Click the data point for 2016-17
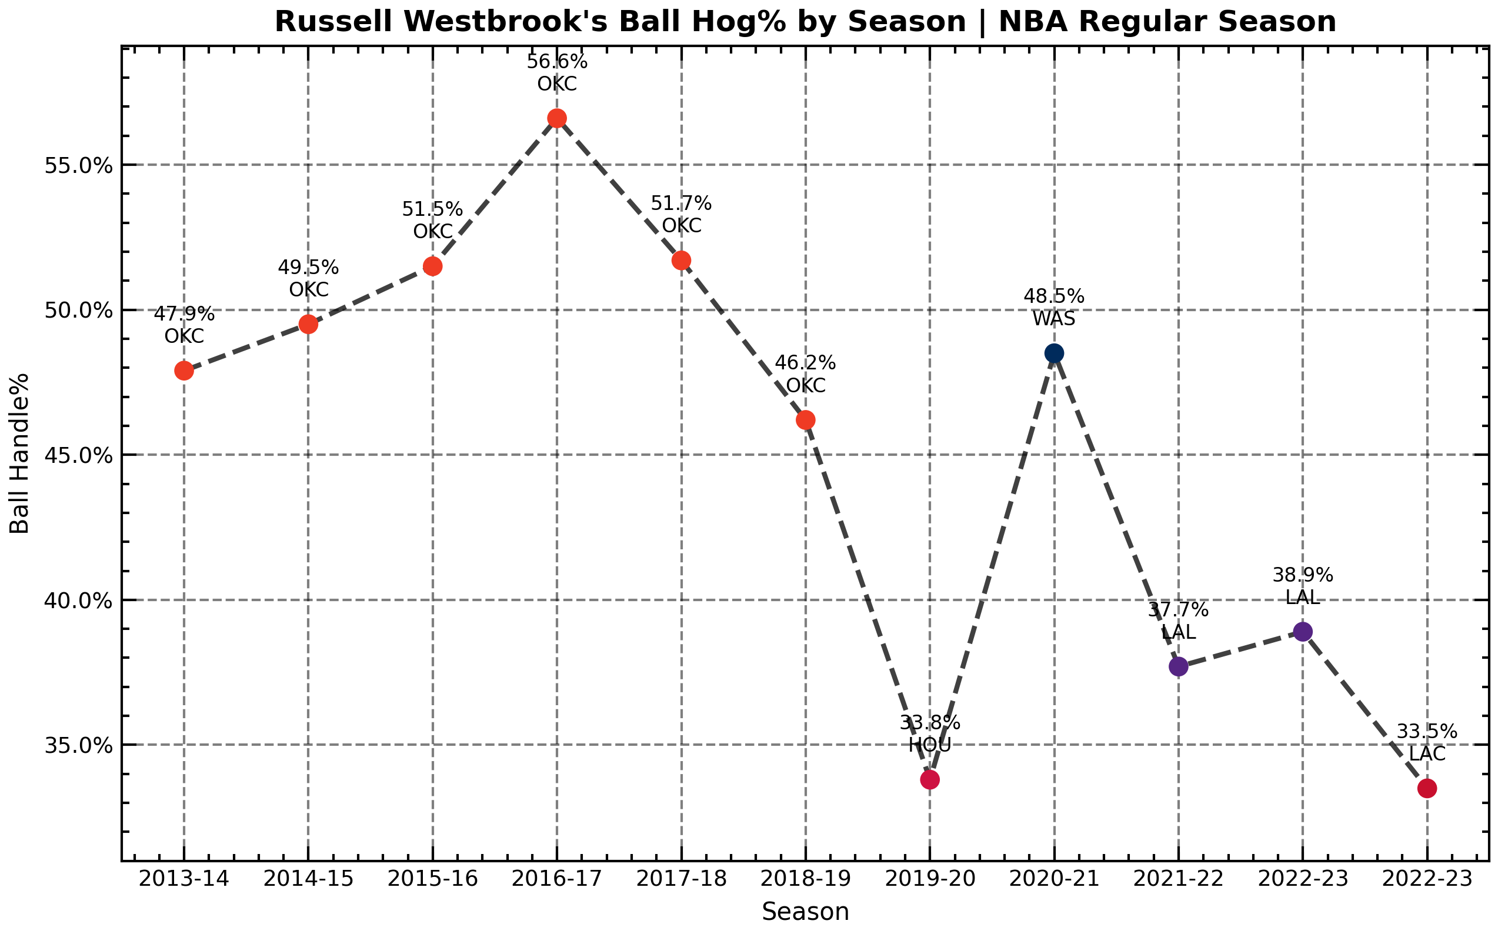(x=556, y=118)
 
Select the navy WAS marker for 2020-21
(x=1054, y=353)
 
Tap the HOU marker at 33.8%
(x=930, y=779)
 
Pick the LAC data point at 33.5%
(x=1427, y=788)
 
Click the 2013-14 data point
(x=184, y=371)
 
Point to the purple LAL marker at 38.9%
(x=1303, y=631)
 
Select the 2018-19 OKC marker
(x=806, y=420)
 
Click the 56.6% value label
(x=556, y=62)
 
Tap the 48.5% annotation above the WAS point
(x=1054, y=296)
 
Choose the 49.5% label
(x=308, y=268)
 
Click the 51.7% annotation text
(x=680, y=204)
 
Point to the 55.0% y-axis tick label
(x=79, y=165)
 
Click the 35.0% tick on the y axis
(x=79, y=746)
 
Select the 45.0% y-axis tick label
(x=79, y=456)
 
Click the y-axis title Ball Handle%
(x=20, y=453)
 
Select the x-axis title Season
(x=805, y=912)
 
